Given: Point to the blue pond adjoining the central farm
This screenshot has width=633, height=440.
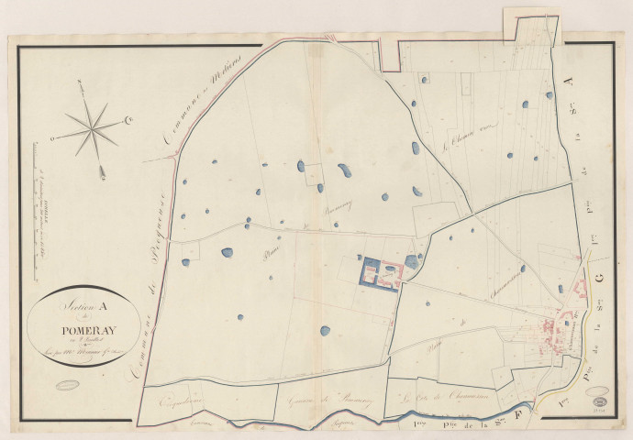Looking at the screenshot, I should pyautogui.click(x=411, y=261).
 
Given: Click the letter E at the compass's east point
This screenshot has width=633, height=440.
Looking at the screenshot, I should pyautogui.click(x=128, y=119).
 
